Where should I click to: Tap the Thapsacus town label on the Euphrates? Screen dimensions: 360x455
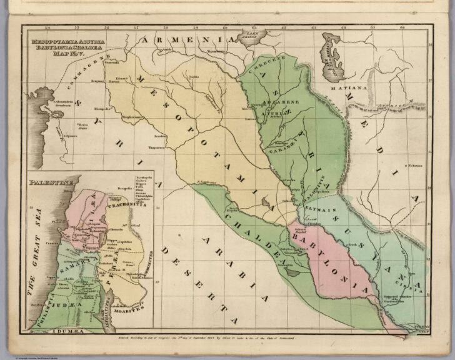coord(156,147)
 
